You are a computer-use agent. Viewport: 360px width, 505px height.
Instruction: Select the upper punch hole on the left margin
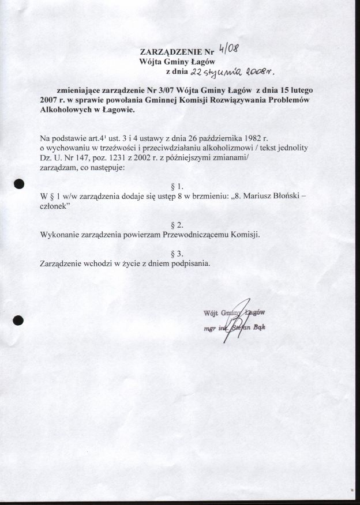click(18, 184)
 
